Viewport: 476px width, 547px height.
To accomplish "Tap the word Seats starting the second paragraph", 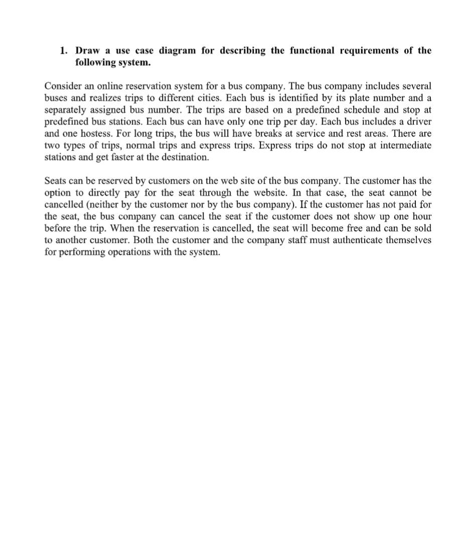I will coord(56,181).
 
